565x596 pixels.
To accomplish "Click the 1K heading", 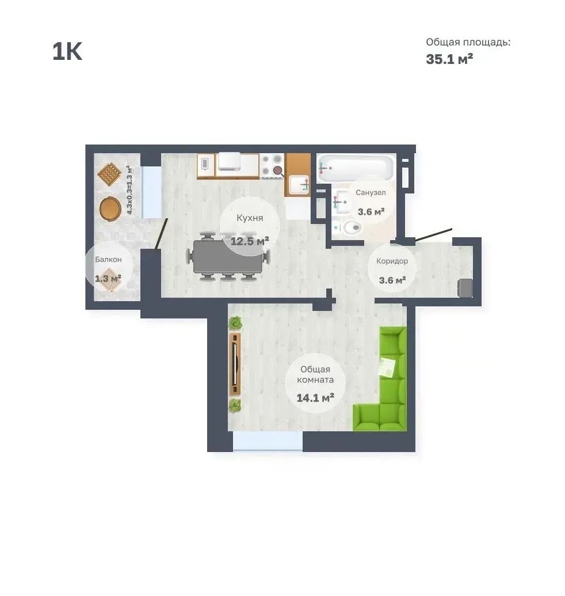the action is click(67, 51).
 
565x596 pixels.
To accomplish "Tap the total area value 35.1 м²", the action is click(449, 59).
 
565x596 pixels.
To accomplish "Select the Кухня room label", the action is click(250, 218).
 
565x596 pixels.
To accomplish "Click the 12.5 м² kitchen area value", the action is click(250, 241).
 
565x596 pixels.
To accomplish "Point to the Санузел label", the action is click(371, 193).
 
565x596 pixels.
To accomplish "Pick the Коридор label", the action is click(392, 261).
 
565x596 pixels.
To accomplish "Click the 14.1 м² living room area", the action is click(315, 398).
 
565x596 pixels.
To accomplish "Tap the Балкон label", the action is click(108, 260).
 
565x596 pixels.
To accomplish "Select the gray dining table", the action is click(228, 256).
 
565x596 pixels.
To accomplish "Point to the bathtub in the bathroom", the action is click(356, 168).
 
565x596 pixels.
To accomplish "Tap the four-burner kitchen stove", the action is click(273, 165).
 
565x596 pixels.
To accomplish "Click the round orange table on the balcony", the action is click(110, 208).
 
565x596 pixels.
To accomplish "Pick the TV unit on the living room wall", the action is click(235, 364).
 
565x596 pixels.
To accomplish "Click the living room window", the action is click(268, 441).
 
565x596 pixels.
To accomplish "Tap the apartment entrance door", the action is click(434, 235).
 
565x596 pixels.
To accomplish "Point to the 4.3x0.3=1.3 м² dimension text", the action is click(129, 190).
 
